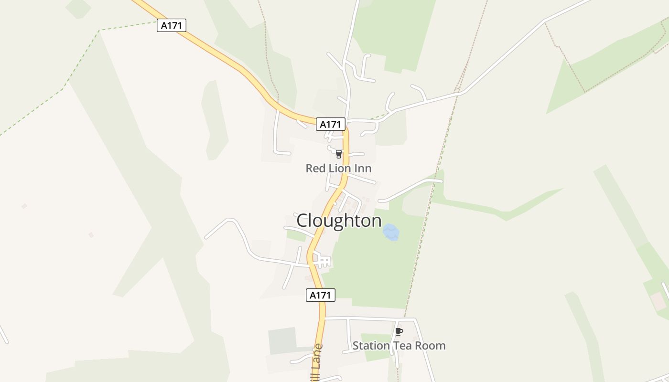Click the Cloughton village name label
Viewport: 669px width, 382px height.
tap(339, 221)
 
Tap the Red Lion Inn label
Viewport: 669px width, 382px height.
tap(338, 168)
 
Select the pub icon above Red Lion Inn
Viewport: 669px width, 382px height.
tap(339, 154)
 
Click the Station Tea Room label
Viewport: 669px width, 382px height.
tap(399, 345)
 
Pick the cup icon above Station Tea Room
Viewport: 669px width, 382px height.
tap(399, 331)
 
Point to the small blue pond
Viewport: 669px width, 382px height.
tap(391, 233)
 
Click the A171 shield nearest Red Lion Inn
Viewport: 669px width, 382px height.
tap(330, 124)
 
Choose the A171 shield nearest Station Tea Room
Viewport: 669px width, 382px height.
tap(320, 295)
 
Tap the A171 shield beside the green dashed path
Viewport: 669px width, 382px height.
tap(171, 25)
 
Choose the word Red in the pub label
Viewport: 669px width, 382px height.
tap(315, 168)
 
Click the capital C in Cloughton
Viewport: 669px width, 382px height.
tap(303, 221)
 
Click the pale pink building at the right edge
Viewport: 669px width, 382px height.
tap(658, 301)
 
